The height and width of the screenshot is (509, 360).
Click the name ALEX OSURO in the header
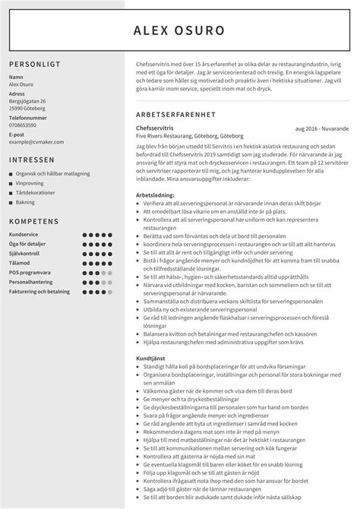click(179, 30)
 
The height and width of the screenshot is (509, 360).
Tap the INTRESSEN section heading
click(32, 160)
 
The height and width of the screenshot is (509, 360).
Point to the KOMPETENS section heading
click(34, 221)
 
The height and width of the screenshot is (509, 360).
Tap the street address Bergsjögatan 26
click(27, 101)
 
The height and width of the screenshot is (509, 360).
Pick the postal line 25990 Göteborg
click(27, 108)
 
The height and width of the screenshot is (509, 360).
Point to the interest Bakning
click(26, 203)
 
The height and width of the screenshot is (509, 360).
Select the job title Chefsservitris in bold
click(153, 130)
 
